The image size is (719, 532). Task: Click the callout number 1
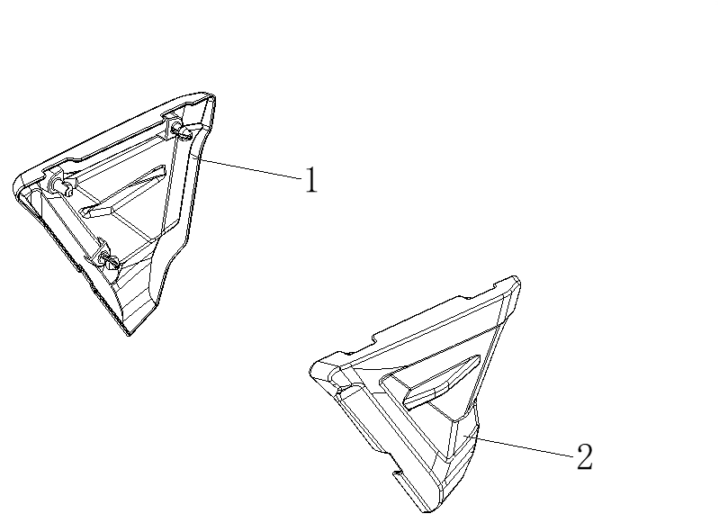311,180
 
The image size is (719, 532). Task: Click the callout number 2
584,456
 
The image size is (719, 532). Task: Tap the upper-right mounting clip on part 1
182,131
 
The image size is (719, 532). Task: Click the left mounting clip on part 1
62,184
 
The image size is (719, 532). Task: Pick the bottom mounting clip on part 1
108,260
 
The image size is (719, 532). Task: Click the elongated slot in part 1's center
123,191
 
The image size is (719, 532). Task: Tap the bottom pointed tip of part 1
129,335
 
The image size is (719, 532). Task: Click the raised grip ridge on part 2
441,382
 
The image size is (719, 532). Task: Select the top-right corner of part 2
517,280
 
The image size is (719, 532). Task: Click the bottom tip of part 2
427,511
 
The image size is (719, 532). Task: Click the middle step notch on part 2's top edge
377,338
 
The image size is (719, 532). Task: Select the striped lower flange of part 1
138,293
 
